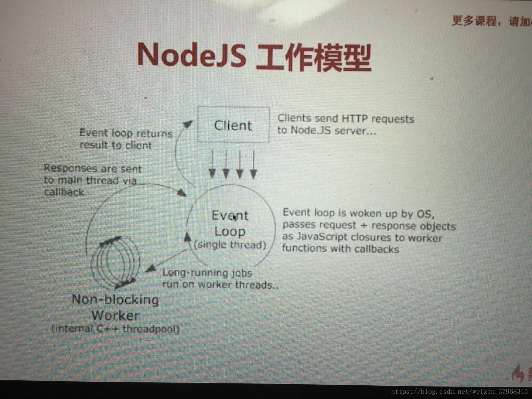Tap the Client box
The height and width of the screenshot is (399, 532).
233,125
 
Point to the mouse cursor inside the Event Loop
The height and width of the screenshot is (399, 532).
234,218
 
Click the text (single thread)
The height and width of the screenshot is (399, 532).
230,245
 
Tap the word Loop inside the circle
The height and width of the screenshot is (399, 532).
229,232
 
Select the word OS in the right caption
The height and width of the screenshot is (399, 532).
425,214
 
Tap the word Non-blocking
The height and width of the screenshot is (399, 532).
115,300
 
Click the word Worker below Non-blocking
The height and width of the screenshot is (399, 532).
115,316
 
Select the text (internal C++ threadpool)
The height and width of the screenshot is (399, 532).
115,328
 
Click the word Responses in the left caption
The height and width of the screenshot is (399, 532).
70,168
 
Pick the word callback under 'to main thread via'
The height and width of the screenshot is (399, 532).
64,192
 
